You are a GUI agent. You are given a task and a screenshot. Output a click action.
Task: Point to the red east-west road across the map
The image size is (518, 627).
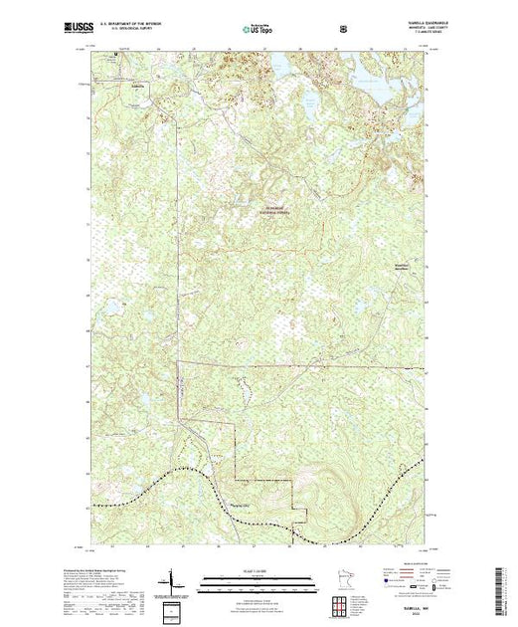click(298, 364)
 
